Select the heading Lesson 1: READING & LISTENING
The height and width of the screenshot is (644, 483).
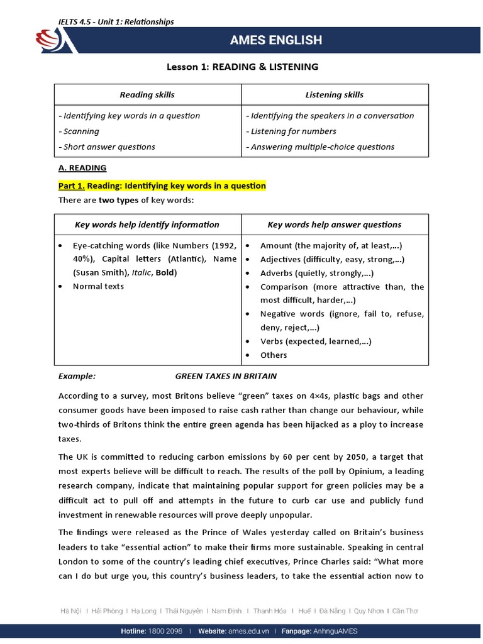pyautogui.click(x=241, y=67)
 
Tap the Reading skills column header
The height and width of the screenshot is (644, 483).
pyautogui.click(x=147, y=95)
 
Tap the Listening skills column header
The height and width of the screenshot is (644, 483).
pyautogui.click(x=334, y=95)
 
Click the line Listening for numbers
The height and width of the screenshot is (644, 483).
pyautogui.click(x=293, y=131)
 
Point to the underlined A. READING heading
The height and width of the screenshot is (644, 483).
pyautogui.click(x=82, y=168)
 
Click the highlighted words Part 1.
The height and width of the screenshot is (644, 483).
pyautogui.click(x=71, y=186)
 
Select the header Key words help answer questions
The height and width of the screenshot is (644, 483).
pyautogui.click(x=334, y=225)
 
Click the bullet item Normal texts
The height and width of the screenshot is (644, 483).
pyautogui.click(x=98, y=286)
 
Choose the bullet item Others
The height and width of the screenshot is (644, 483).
pyautogui.click(x=274, y=355)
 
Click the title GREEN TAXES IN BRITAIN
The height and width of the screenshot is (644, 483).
pyautogui.click(x=226, y=376)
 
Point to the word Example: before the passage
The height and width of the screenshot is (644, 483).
pyautogui.click(x=77, y=376)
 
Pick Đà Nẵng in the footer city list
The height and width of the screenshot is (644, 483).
pyautogui.click(x=333, y=611)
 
